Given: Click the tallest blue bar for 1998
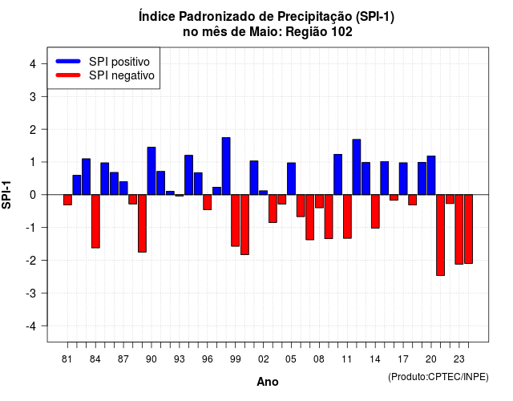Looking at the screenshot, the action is click(x=226, y=166).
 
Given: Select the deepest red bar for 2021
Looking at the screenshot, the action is click(x=440, y=235).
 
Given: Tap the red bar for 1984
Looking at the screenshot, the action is click(x=95, y=221).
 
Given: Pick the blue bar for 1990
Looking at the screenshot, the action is click(x=151, y=171).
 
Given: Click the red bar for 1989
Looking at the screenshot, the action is click(x=143, y=223).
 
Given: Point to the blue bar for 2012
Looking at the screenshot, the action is click(x=357, y=167).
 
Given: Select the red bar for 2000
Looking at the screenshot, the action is click(x=244, y=225).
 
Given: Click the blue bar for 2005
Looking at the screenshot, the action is click(x=291, y=179).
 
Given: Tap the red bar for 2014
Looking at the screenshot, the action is click(x=375, y=212).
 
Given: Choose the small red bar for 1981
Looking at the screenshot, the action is click(x=67, y=200).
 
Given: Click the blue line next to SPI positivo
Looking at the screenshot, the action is click(x=68, y=61).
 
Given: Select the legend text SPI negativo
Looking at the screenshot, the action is click(x=122, y=75).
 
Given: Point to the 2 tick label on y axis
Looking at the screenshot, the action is click(x=33, y=130).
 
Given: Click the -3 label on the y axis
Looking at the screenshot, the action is click(x=31, y=294).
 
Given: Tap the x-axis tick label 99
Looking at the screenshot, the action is click(x=235, y=359).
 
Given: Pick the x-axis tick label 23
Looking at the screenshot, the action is click(x=459, y=359).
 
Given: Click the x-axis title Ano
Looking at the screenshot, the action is click(x=268, y=382).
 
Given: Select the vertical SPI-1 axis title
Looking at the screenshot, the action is click(x=6, y=195).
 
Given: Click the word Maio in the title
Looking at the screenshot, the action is click(x=266, y=32).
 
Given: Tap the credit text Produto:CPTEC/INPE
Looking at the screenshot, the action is click(x=438, y=377).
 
